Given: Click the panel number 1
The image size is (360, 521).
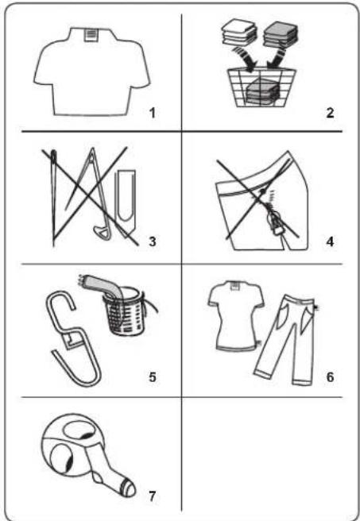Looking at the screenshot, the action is click(x=153, y=114).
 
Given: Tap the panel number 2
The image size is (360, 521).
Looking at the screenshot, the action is click(x=330, y=113).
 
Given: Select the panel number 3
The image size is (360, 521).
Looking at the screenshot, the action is click(x=153, y=241).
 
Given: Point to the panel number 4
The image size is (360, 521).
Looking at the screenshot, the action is click(x=330, y=241).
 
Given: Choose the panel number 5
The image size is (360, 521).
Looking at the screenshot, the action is click(x=153, y=377).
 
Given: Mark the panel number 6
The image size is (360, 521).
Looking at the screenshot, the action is click(x=330, y=377).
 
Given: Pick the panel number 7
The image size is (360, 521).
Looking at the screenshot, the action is click(x=153, y=496).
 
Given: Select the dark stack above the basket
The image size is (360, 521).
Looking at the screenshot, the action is click(x=281, y=34).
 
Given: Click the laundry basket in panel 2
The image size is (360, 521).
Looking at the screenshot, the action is click(x=261, y=87).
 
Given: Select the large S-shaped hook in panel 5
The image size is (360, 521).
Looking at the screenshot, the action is click(x=72, y=338).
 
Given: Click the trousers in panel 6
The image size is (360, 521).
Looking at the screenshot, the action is click(x=286, y=340).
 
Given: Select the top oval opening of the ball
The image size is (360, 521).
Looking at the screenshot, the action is click(x=79, y=430).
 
